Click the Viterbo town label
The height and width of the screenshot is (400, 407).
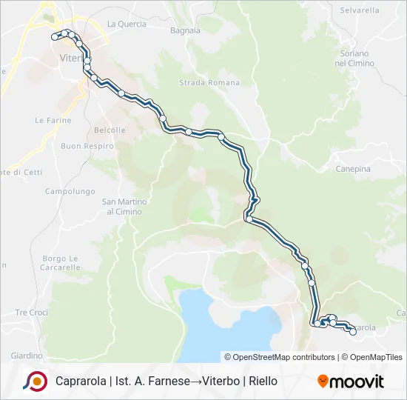72,58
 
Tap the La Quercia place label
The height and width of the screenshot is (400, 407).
127,24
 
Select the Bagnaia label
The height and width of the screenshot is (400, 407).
185,30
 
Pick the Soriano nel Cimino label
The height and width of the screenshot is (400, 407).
355,59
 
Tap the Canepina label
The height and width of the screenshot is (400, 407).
353,169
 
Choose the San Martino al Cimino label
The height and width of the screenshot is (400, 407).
124,206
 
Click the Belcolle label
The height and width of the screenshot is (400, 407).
110,130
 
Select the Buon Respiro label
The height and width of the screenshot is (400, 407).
87,146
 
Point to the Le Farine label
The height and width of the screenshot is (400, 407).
53,120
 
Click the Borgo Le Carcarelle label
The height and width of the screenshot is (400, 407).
61,262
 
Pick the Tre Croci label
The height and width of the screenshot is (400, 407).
31,313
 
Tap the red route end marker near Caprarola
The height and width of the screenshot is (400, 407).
353,332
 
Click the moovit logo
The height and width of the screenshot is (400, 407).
351,381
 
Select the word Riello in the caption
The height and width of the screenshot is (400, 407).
263,381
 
